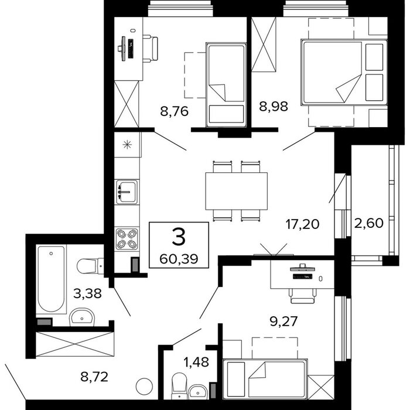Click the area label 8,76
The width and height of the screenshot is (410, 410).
point(174,112)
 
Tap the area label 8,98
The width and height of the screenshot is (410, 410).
point(274,107)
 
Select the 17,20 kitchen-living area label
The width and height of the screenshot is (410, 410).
point(303,224)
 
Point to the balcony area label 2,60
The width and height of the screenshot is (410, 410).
point(369,223)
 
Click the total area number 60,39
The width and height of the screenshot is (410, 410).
point(179,259)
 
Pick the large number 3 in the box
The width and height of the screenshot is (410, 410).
point(179,237)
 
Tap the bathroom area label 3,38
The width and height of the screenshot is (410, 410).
point(87,293)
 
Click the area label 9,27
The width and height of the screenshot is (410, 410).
point(283,322)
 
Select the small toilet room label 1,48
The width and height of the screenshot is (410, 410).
point(196,362)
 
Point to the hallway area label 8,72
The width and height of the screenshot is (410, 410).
point(94,377)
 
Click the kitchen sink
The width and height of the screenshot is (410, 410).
point(127,192)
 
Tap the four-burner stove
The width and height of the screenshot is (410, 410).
point(127,238)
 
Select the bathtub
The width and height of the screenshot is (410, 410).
point(51,279)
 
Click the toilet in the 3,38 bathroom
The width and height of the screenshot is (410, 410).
point(90,266)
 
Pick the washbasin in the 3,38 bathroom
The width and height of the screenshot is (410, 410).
point(81,317)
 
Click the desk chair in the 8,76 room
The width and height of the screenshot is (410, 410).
point(151,49)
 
